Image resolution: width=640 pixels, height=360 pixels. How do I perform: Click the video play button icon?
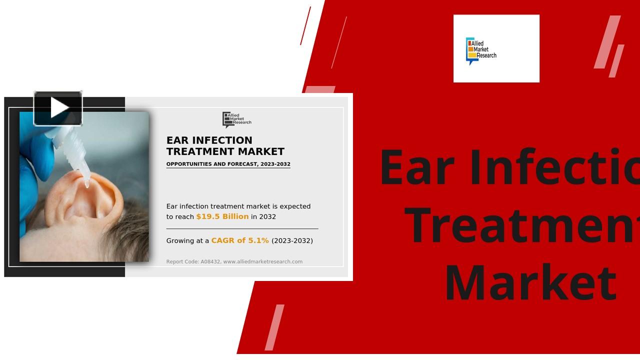tap(58, 108)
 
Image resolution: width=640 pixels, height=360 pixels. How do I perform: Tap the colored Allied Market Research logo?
tap(481, 50)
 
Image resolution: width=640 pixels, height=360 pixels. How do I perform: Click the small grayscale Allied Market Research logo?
tap(236, 119)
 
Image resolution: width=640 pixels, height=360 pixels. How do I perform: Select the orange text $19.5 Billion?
tap(222, 216)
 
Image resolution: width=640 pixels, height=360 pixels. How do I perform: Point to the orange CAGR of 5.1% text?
tap(240, 240)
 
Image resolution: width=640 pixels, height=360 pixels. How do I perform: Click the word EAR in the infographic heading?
tap(177, 140)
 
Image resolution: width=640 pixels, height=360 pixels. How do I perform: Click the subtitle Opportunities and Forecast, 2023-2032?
tap(228, 164)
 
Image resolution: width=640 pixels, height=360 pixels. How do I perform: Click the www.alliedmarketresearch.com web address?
tap(262, 261)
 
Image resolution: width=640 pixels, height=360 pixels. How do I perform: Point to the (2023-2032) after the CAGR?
tap(292, 240)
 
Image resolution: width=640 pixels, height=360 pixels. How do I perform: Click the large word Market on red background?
tap(530, 283)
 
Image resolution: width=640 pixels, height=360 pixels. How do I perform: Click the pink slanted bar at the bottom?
tap(274, 327)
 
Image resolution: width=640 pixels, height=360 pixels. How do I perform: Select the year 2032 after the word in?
tap(267, 216)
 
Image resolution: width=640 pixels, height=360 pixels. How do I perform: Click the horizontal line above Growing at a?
tap(242, 228)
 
